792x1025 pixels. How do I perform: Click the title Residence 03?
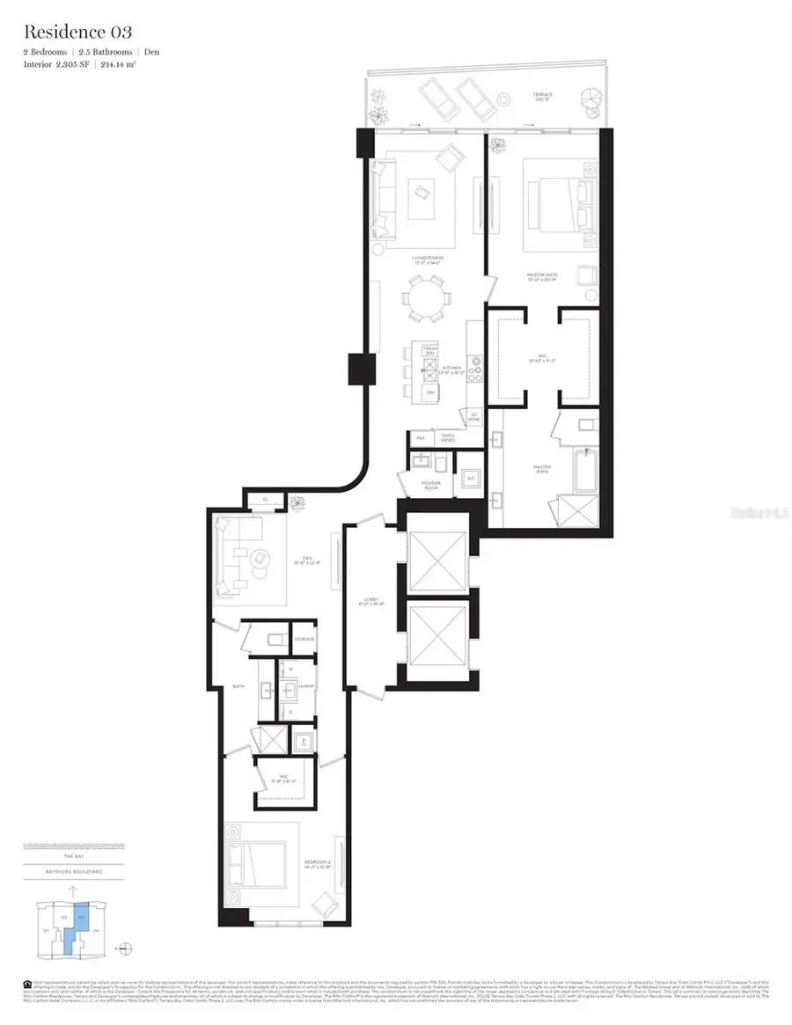77,33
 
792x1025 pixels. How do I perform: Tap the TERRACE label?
543,93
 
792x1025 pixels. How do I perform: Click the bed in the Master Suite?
553,205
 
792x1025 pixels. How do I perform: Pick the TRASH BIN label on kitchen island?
429,351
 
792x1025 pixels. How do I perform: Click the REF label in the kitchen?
419,437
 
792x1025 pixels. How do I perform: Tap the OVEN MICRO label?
447,437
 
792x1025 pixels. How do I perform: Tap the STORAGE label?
304,638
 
